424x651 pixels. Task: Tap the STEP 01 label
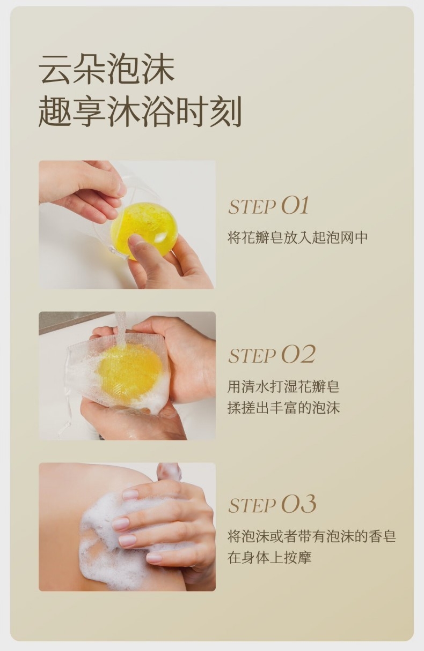(268, 206)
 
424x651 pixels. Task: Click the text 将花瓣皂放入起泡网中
(297, 237)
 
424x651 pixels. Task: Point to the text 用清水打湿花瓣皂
(283, 386)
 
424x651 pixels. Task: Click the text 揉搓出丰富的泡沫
(283, 407)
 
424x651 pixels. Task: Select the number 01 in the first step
(295, 206)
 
